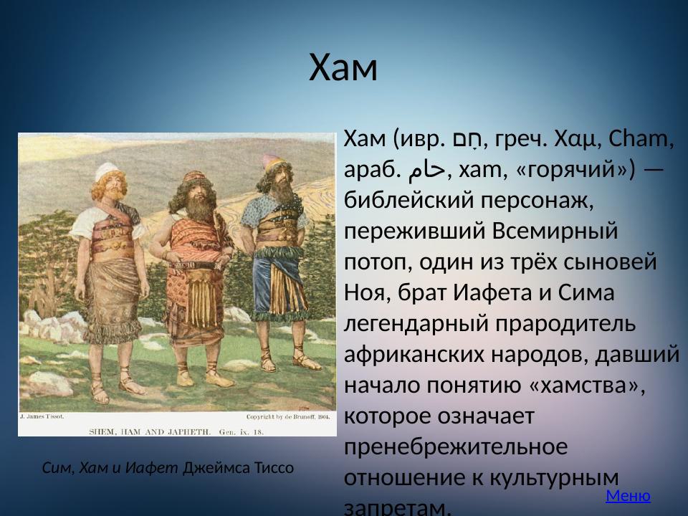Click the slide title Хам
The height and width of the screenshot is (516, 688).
pyautogui.click(x=343, y=69)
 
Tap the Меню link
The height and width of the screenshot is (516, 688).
pyautogui.click(x=628, y=495)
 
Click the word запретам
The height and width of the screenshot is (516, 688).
pyautogui.click(x=398, y=508)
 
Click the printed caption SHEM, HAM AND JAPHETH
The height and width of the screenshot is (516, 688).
pyautogui.click(x=149, y=432)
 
